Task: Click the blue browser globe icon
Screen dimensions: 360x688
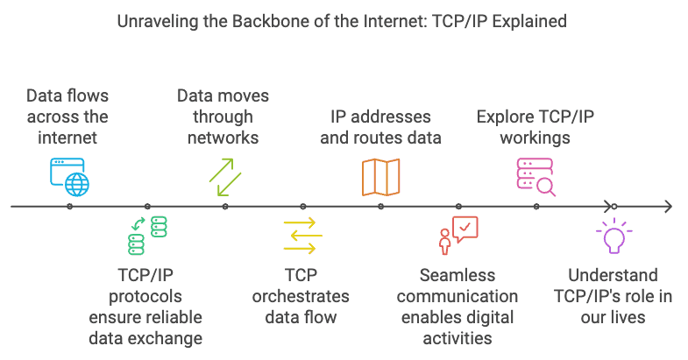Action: click(x=69, y=175)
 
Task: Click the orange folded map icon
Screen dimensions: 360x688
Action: click(x=380, y=176)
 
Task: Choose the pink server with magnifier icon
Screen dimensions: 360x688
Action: click(x=536, y=175)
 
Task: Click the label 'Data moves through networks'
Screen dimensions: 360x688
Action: click(x=223, y=116)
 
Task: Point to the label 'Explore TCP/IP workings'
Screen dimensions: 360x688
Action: click(x=535, y=126)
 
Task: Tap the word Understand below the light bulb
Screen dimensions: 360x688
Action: click(x=613, y=275)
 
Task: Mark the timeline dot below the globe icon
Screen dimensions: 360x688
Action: click(x=69, y=207)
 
